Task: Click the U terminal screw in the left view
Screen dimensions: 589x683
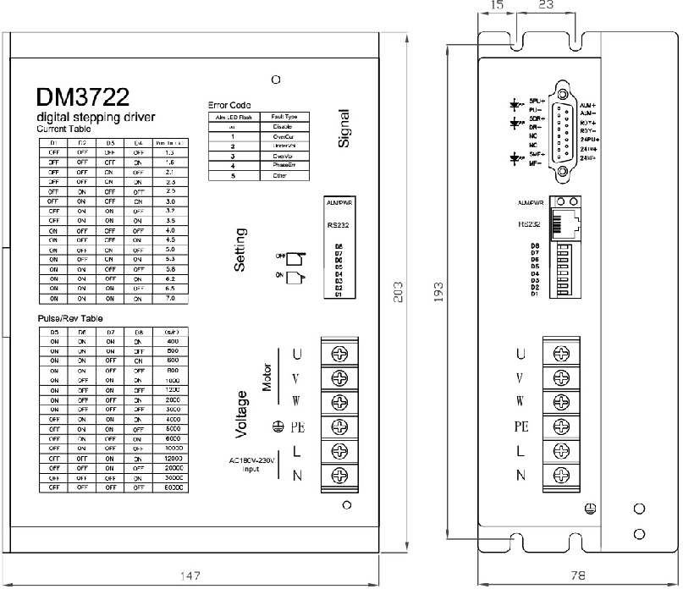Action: click(x=340, y=353)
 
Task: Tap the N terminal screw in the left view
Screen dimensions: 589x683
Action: click(x=340, y=475)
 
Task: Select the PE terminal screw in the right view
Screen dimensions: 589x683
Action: click(x=561, y=426)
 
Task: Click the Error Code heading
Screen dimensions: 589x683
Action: click(x=229, y=105)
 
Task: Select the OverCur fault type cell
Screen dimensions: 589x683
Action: click(x=284, y=135)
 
